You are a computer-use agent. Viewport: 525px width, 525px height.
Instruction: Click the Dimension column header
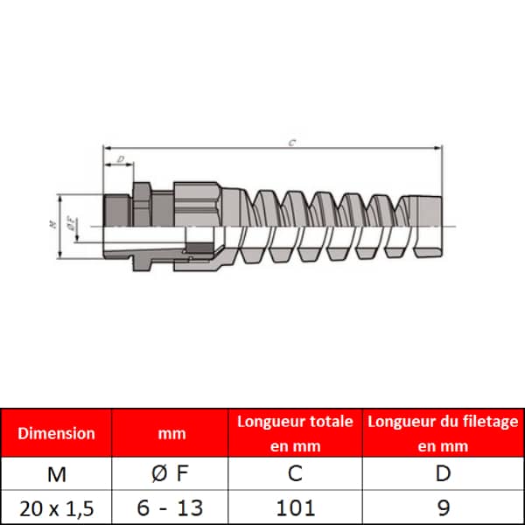coord(56,433)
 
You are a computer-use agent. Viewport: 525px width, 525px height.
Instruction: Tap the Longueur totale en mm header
coord(296,433)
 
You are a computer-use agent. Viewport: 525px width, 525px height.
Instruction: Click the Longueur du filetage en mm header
coord(443,433)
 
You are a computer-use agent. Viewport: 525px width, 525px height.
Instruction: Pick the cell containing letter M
coord(56,474)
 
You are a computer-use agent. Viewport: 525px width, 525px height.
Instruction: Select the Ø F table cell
coord(170,473)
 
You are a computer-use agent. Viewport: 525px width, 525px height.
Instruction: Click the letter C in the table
coord(296,473)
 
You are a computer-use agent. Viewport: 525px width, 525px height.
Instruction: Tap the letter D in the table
coord(443,473)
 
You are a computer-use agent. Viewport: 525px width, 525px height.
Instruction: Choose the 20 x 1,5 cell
coord(56,508)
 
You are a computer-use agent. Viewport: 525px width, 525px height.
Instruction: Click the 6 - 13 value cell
coord(170,507)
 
